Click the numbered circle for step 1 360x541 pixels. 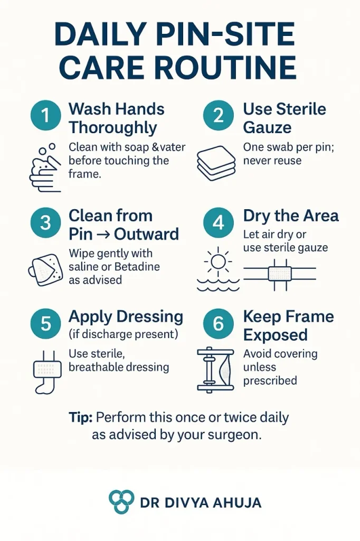[45, 116]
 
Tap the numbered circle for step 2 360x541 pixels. [219, 116]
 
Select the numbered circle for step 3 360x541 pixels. [45, 222]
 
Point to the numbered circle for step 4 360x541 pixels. [219, 222]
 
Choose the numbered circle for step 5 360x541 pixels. [45, 324]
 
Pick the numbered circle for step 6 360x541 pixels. [219, 324]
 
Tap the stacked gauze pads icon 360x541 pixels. [216, 163]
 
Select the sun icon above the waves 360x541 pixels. [218, 262]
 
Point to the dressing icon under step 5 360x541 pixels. [47, 372]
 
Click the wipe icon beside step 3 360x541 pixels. [45, 270]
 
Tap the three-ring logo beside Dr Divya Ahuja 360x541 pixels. [121, 501]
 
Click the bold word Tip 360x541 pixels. [80, 417]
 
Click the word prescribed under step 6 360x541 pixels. [270, 380]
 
